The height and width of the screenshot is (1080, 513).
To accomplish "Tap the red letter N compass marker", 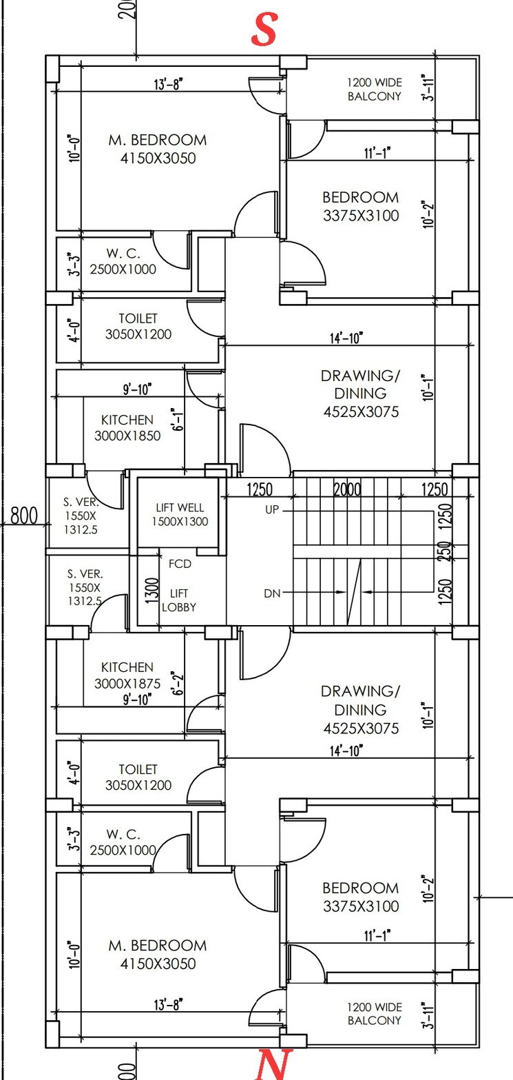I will point(274,1064).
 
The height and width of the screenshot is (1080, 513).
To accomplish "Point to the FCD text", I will point(180,564).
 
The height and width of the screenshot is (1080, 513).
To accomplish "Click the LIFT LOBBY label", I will point(179,600).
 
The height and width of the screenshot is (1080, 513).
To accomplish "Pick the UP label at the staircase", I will point(272,509).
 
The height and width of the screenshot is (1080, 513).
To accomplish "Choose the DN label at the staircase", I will point(272,593).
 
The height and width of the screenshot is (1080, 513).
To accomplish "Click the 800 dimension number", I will point(23,516).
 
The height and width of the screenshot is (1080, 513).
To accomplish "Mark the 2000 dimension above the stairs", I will point(348,490).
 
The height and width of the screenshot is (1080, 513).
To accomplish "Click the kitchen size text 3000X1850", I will point(127,436).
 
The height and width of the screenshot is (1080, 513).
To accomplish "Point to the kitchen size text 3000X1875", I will point(127,684).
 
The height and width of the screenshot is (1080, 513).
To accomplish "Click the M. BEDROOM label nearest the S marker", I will point(157,140).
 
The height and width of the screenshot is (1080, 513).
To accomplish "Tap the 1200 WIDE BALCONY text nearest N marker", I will point(374,1013).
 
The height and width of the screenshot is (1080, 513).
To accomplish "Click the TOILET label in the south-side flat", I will point(138,318).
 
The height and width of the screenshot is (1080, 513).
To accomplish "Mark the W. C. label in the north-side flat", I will point(123,833).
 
